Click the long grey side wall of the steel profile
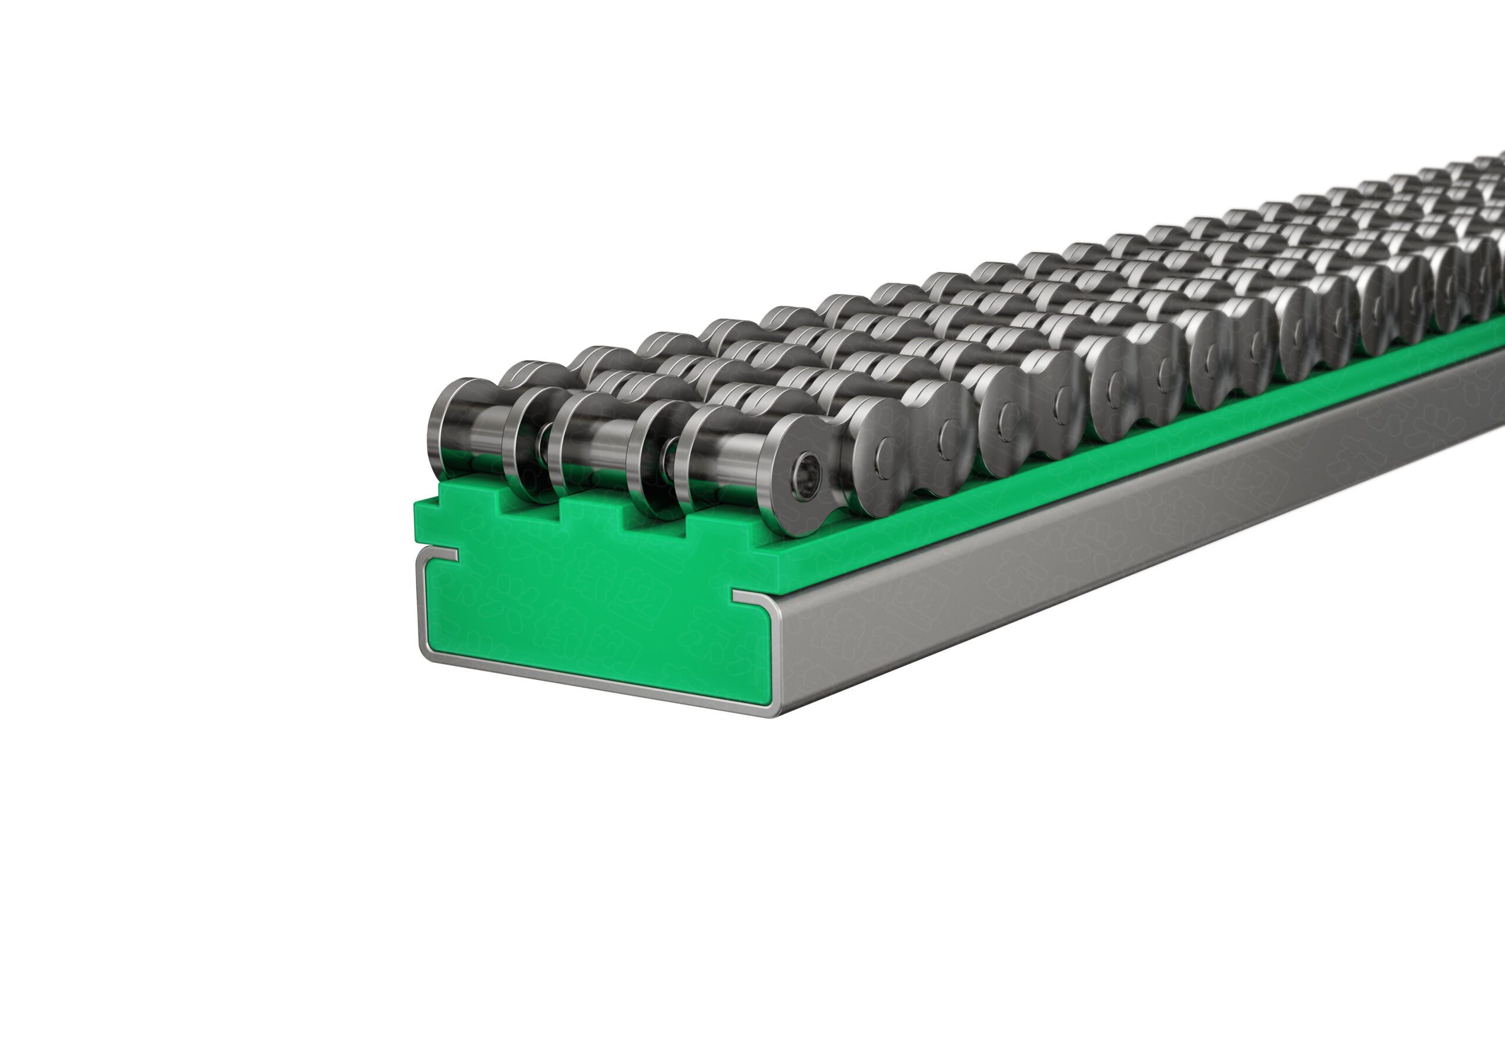coord(1114,524)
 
